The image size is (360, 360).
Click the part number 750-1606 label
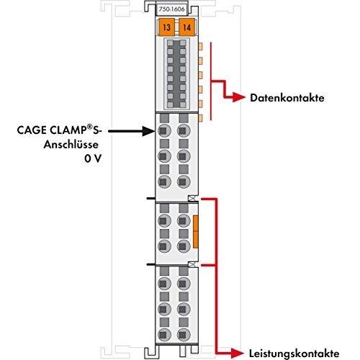click(171, 9)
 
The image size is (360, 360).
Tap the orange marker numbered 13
click(166, 27)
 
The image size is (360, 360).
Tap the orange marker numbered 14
click(186, 27)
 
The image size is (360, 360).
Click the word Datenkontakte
click(287, 98)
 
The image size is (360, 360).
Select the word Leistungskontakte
click(294, 354)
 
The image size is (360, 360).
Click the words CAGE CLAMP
click(50, 130)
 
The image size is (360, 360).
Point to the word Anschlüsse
click(71, 145)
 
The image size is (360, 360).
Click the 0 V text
click(93, 158)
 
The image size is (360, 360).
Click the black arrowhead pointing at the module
click(149, 131)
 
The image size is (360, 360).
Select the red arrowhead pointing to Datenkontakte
click(239, 98)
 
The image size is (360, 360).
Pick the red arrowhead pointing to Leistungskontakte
click(237, 353)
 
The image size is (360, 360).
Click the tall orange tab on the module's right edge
click(196, 231)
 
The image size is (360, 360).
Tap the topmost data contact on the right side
click(200, 46)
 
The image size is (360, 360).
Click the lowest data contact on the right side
click(200, 117)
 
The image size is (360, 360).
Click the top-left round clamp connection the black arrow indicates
click(164, 131)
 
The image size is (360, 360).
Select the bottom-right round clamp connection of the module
click(184, 334)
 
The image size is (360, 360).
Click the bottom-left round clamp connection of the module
click(164, 334)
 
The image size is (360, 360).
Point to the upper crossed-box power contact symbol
click(192, 199)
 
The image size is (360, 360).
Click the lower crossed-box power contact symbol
click(192, 265)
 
